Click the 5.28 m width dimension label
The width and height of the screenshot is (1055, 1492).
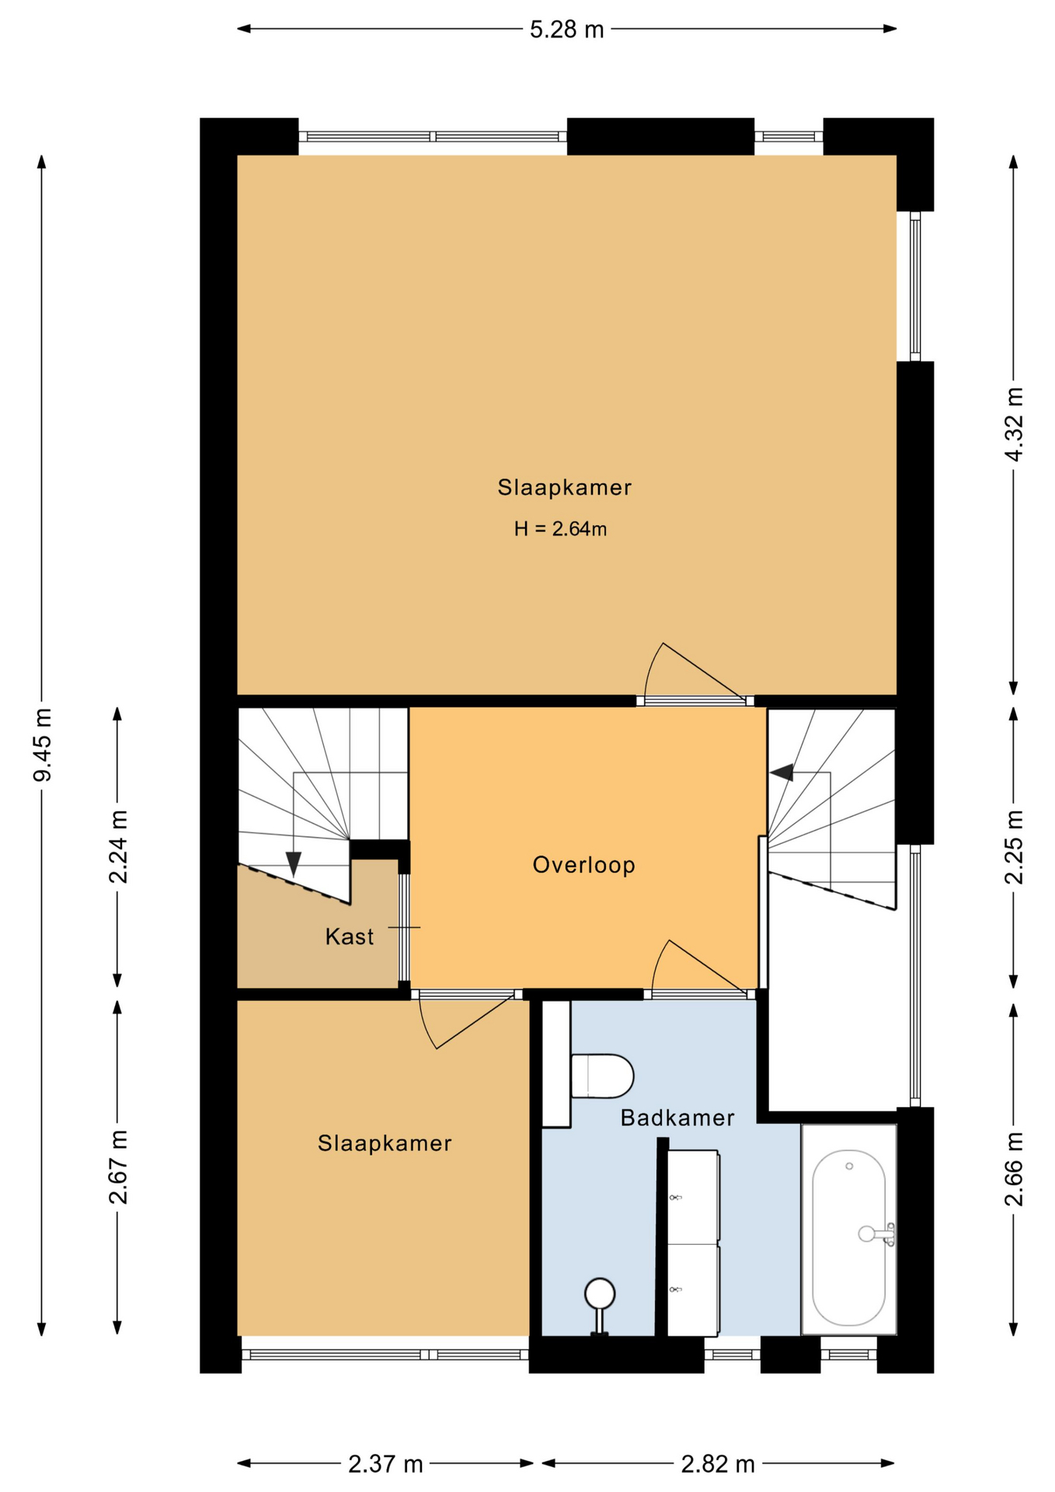coord(566,30)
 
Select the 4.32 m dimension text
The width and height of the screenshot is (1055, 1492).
coord(1014,424)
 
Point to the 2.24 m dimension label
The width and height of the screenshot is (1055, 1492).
coord(118,846)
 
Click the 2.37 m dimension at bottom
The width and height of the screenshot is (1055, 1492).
coord(385,1464)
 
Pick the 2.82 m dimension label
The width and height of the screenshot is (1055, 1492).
coord(718,1464)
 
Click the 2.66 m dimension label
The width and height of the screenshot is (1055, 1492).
coord(1014,1169)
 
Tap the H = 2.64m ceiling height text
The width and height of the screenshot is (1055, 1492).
coord(560,529)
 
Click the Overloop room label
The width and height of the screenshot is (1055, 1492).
coord(583,865)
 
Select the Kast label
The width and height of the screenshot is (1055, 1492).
coord(350,936)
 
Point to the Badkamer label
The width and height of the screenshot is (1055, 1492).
coord(677,1118)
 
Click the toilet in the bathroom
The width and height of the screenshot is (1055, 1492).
coord(602,1076)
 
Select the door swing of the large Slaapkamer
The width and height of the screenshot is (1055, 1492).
coord(694,670)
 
